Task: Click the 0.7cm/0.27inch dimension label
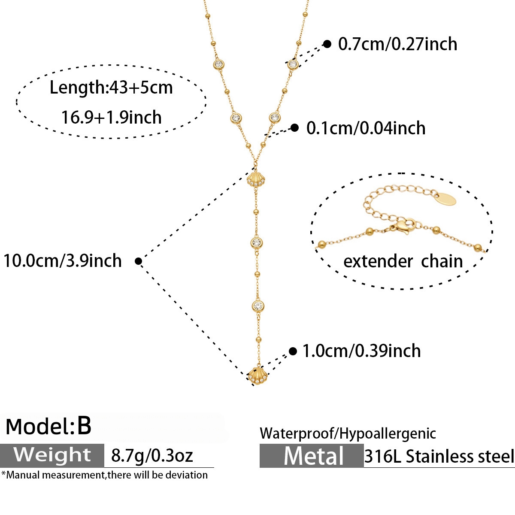397,44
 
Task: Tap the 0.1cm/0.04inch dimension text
366,128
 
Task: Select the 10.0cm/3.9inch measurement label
63,261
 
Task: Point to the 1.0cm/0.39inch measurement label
361,351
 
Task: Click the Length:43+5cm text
111,88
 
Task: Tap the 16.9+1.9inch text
112,117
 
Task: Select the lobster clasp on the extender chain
405,226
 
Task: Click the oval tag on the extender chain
446,199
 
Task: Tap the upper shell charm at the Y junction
256,179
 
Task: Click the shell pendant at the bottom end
257,376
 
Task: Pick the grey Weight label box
52,455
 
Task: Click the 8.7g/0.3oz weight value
152,456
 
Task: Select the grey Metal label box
312,456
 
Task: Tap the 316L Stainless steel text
439,456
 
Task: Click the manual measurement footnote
104,475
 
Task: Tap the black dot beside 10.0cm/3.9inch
139,261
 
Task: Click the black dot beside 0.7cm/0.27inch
327,44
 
